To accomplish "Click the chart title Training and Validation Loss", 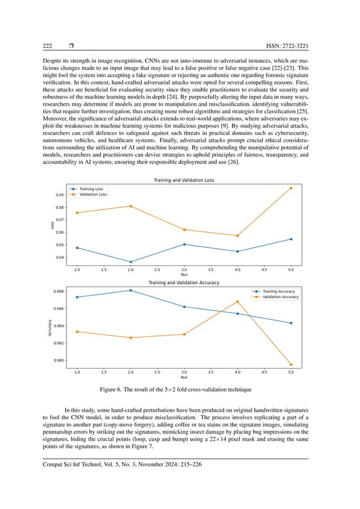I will point(184,180).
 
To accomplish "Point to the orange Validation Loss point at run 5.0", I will point(291,188).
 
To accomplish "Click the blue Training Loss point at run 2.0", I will point(130,262).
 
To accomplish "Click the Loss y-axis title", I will point(52,226).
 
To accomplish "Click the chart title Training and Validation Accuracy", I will point(184,282).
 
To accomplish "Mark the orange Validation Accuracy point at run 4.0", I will point(238,301).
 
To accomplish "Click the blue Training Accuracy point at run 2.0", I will point(130,290).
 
